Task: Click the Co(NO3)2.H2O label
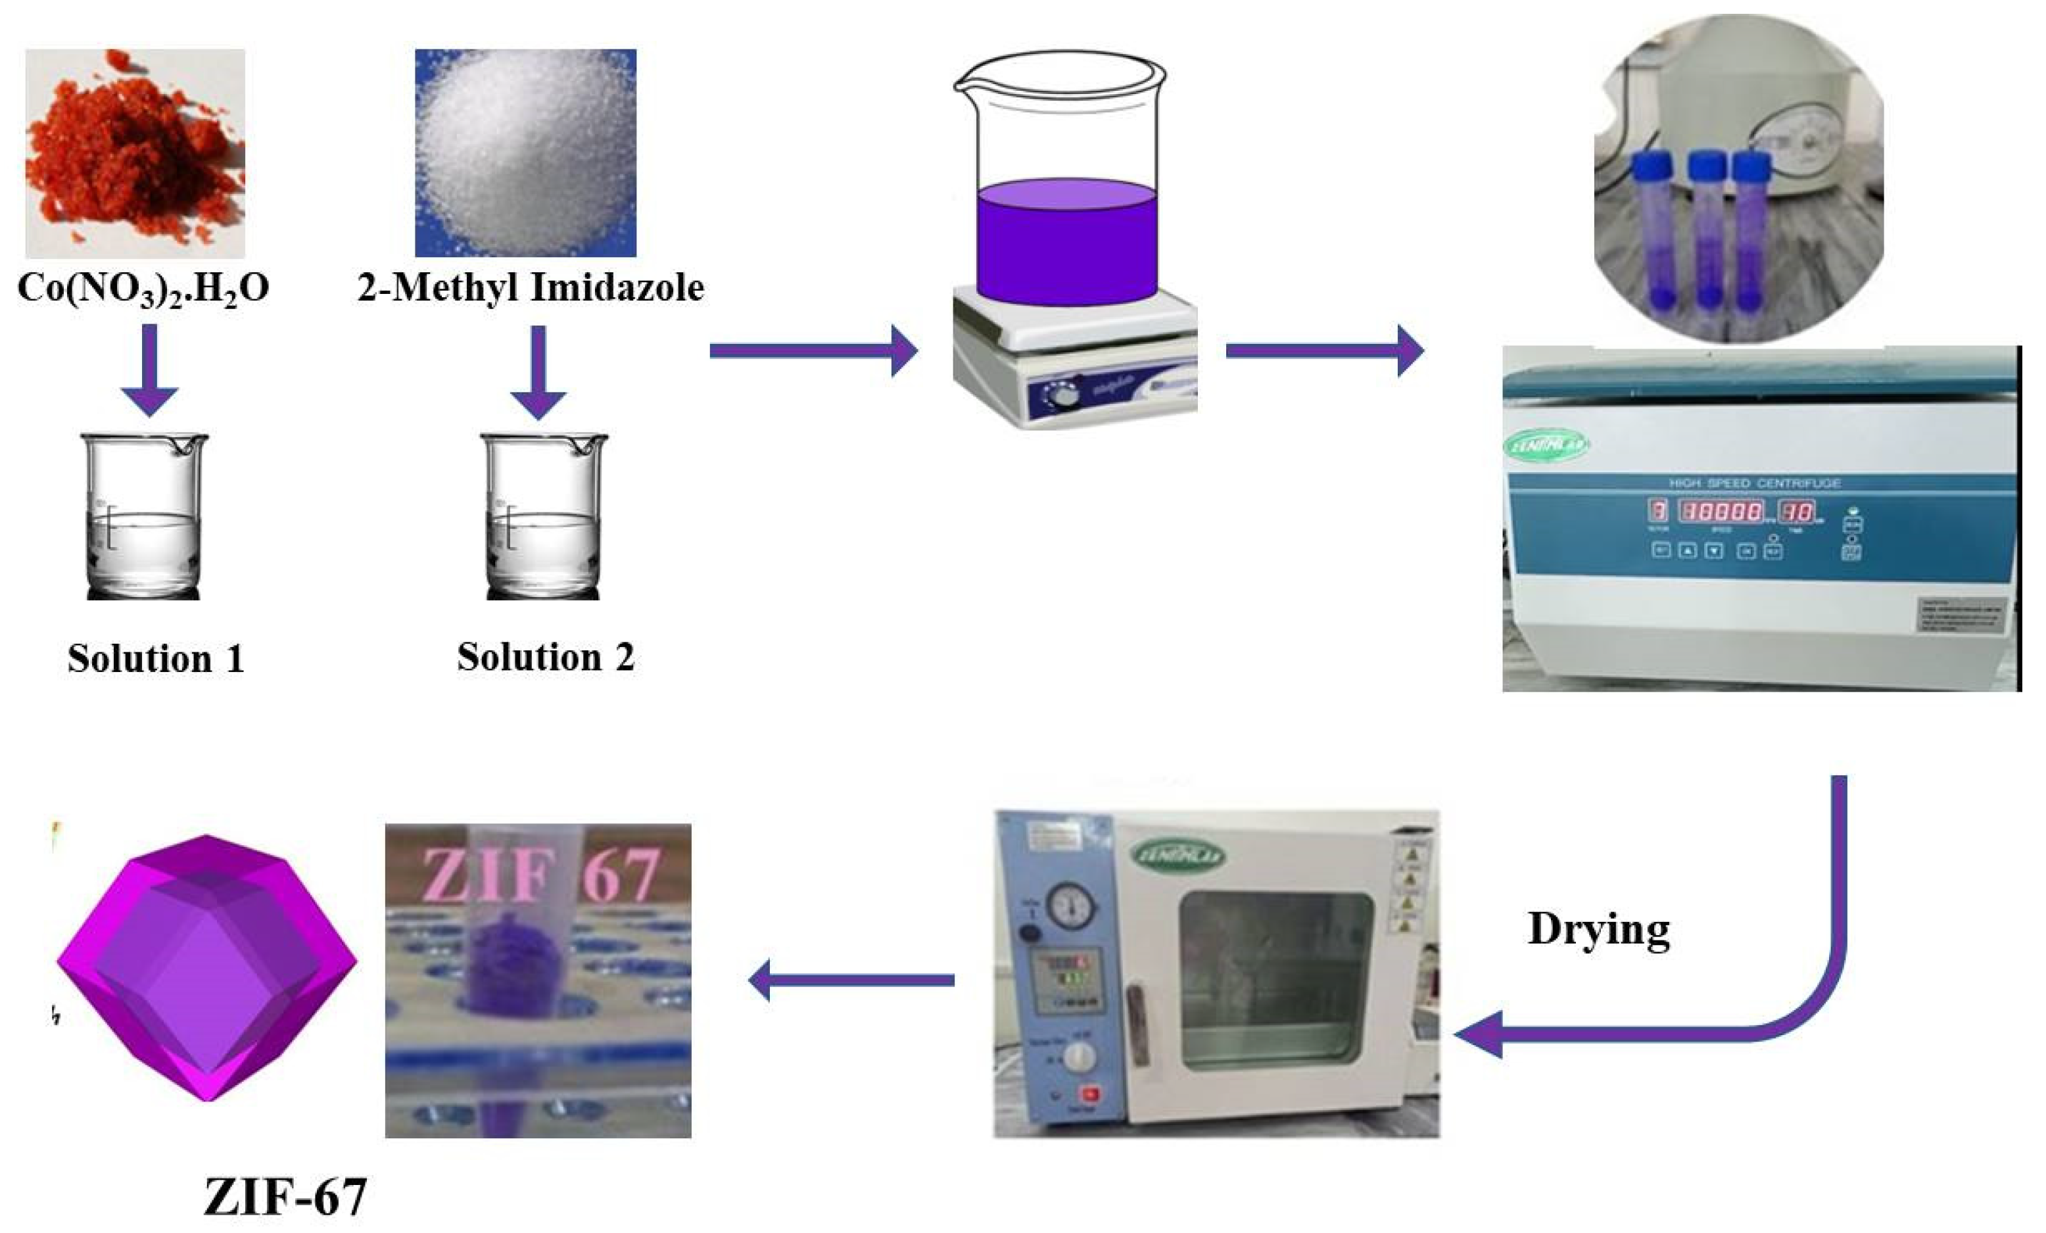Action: coord(143,289)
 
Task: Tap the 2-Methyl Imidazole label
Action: coord(531,287)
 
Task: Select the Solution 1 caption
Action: coord(156,658)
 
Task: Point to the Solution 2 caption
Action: coord(546,657)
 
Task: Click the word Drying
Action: coord(1598,929)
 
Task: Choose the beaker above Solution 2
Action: coord(544,516)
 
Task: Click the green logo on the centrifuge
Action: coord(1546,445)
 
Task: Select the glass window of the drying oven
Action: coord(1275,980)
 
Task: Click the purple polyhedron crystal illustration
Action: coord(206,967)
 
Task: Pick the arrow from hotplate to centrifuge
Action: coord(1324,351)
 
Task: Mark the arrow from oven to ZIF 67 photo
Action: coord(852,980)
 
